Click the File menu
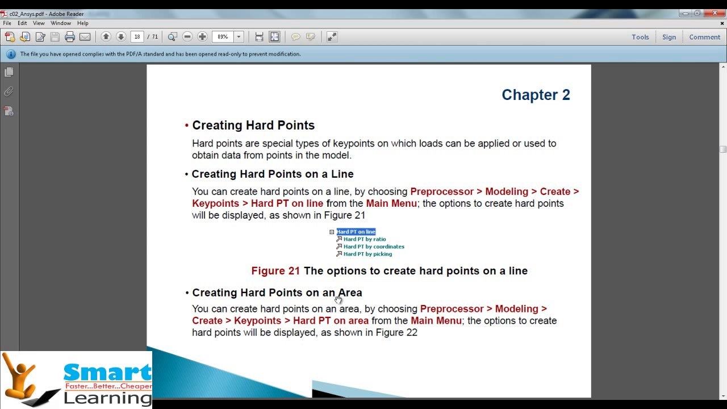[7, 23]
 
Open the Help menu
[83, 23]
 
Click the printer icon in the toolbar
[70, 37]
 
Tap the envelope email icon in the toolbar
[85, 37]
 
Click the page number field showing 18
[137, 37]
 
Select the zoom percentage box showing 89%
[223, 37]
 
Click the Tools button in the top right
[640, 37]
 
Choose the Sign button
[669, 37]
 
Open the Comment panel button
[705, 37]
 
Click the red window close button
[715, 13]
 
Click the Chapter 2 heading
[536, 95]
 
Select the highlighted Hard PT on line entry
[356, 232]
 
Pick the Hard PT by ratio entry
[365, 239]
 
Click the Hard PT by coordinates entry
[374, 247]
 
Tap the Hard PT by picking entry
[367, 254]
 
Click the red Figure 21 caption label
[275, 271]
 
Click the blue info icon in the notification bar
[11, 54]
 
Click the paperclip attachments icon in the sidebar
[9, 92]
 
